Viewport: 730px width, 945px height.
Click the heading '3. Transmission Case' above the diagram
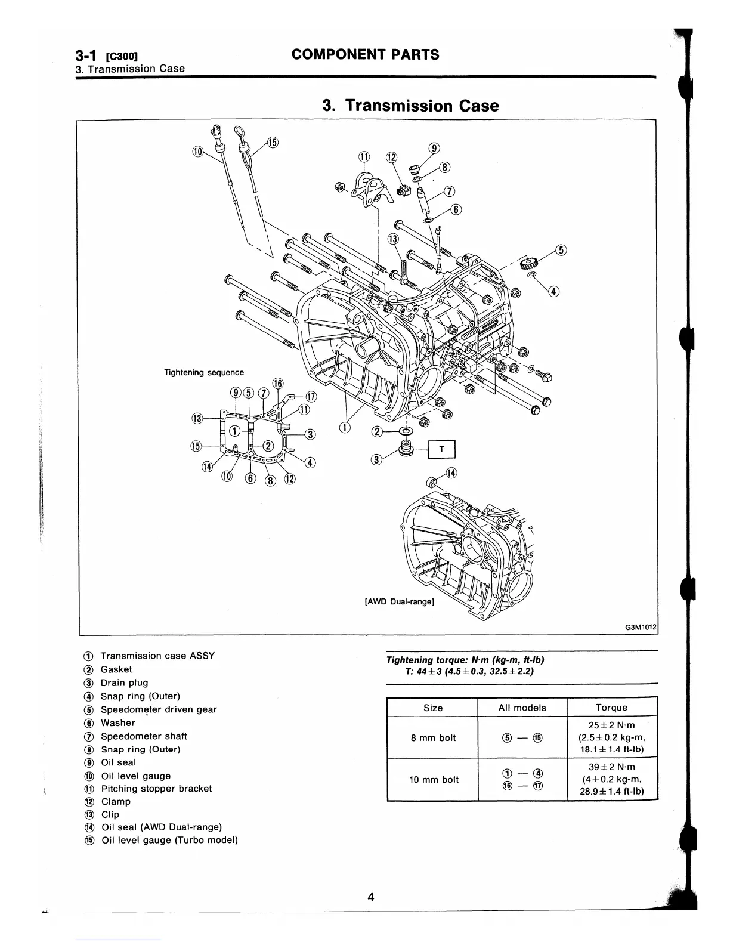tap(410, 106)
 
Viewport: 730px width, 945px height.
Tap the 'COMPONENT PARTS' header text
tap(365, 54)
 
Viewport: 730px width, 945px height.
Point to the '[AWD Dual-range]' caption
tap(399, 601)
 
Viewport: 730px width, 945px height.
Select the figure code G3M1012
tap(640, 627)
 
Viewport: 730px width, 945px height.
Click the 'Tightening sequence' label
tap(204, 372)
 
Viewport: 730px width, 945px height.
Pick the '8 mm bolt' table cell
tap(433, 737)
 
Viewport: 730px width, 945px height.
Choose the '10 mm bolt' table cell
tap(434, 779)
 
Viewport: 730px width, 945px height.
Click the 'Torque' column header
tap(611, 708)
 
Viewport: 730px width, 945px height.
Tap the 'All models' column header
tap(522, 708)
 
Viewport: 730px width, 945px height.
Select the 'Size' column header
tap(433, 708)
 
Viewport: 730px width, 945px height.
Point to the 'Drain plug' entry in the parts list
tap(124, 682)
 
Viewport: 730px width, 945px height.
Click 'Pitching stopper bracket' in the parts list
tap(156, 788)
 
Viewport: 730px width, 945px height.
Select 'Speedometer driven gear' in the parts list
tap(159, 709)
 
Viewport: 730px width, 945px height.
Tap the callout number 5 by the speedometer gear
tap(561, 249)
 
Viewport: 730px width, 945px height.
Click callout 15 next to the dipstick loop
tap(272, 142)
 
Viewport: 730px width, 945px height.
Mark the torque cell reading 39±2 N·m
tap(611, 767)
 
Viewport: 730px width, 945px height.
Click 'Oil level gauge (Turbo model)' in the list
tap(169, 840)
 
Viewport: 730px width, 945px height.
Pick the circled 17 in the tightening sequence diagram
tap(311, 397)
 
